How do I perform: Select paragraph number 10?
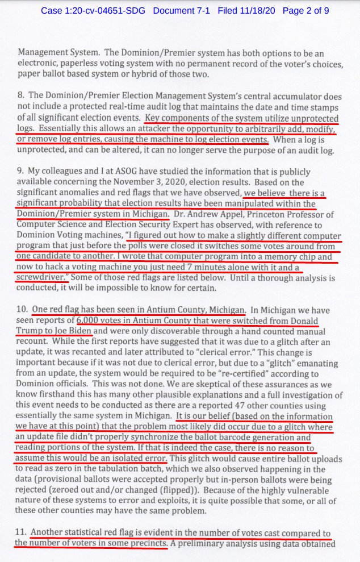[22, 311]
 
